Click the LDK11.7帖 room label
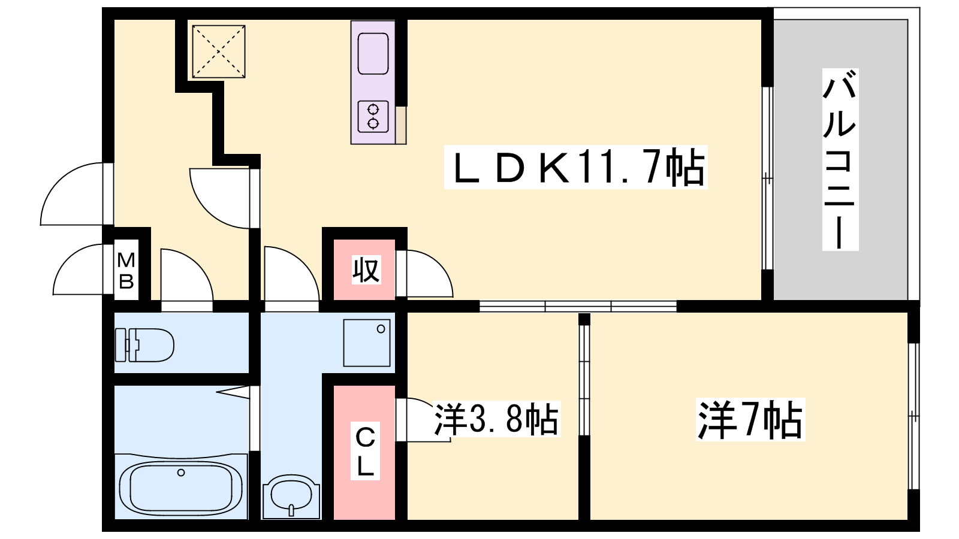(x=575, y=167)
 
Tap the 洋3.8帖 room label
(x=497, y=419)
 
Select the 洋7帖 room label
(x=750, y=420)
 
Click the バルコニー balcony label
(x=840, y=159)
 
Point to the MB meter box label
(x=126, y=271)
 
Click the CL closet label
(x=365, y=451)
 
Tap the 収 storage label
(x=366, y=270)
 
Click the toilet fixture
(x=144, y=345)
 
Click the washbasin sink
(x=291, y=496)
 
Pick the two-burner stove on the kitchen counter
(x=373, y=116)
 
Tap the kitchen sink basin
(x=373, y=54)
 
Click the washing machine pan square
(x=367, y=343)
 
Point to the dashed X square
(x=219, y=52)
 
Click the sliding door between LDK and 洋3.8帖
(x=578, y=306)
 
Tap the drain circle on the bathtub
(x=181, y=473)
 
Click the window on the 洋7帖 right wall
(x=913, y=416)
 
